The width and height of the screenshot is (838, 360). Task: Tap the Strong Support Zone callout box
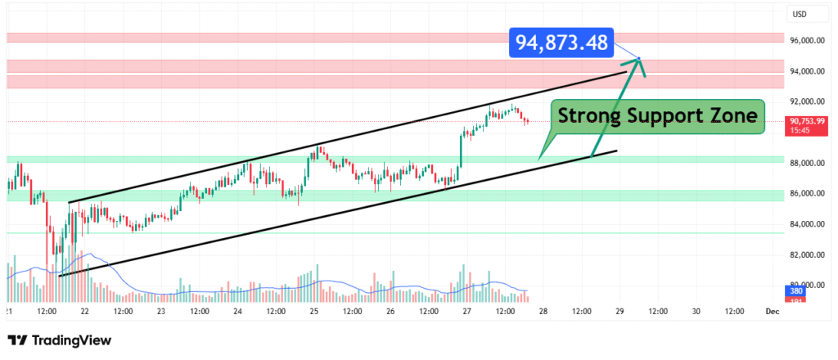tap(658, 118)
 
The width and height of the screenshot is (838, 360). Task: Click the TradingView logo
tap(59, 340)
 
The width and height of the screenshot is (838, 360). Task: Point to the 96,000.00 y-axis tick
tap(804, 40)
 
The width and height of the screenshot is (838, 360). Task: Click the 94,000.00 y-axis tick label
tap(804, 71)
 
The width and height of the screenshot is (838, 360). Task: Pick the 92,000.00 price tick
tap(804, 101)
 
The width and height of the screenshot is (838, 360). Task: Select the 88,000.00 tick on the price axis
tap(804, 163)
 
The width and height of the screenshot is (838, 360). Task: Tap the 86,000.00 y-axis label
tap(804, 194)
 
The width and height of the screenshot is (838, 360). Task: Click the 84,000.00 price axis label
tap(804, 224)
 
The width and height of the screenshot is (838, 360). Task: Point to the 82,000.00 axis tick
tap(804, 255)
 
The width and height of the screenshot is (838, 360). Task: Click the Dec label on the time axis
tap(771, 311)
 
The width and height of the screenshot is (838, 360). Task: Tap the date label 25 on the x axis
tap(313, 311)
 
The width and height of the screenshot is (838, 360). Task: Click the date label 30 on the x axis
tap(696, 311)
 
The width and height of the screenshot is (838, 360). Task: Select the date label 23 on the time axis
tap(161, 311)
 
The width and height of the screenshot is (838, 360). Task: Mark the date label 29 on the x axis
tap(619, 311)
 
